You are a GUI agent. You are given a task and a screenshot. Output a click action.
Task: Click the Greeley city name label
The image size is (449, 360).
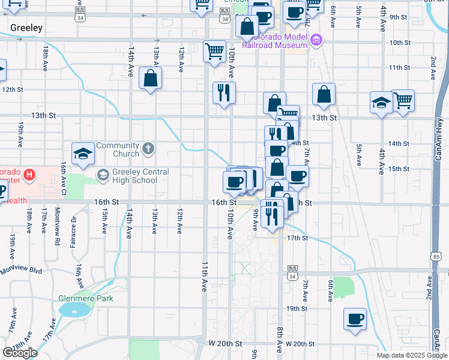click(26, 28)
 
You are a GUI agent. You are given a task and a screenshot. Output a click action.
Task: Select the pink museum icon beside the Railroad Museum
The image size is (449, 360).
click(317, 40)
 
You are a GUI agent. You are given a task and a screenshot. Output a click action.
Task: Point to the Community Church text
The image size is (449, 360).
click(118, 149)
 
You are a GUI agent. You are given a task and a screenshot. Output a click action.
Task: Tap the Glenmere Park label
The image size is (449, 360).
click(86, 298)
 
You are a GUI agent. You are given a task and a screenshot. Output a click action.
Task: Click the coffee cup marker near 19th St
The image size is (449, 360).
click(354, 319)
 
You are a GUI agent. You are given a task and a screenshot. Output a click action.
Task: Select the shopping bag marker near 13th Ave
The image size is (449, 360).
click(149, 78)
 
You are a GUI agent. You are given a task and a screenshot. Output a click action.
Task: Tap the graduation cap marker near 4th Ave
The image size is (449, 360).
click(381, 102)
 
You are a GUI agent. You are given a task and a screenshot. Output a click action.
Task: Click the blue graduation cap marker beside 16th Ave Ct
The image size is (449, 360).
click(83, 154)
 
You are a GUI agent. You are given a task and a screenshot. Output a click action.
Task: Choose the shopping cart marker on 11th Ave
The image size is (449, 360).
click(214, 51)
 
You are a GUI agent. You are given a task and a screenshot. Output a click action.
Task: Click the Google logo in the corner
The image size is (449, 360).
click(20, 353)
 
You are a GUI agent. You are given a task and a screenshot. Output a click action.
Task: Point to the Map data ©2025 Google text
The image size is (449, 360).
click(412, 355)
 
